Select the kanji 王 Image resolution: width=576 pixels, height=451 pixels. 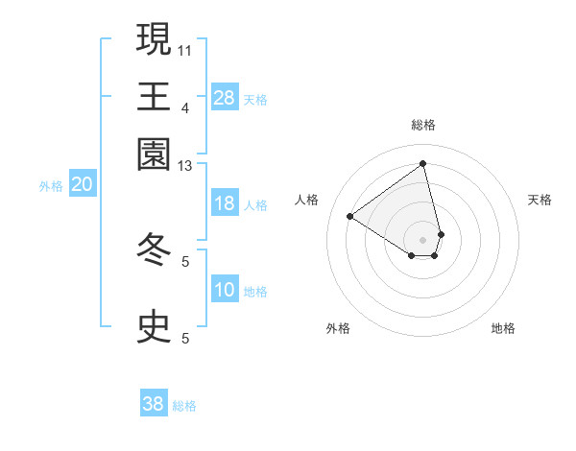click(x=154, y=97)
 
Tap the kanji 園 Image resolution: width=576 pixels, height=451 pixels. click(x=154, y=154)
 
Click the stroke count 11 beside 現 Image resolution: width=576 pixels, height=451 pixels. click(x=185, y=49)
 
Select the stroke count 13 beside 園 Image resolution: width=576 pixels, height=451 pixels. click(x=185, y=166)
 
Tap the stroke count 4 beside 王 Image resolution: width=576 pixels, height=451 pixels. click(x=185, y=107)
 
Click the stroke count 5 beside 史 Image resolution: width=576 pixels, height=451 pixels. click(x=185, y=338)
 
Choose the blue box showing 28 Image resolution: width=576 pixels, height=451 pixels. click(x=225, y=97)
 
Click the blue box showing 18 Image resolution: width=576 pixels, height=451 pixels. click(x=225, y=204)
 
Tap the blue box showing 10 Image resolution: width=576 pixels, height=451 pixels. click(x=225, y=291)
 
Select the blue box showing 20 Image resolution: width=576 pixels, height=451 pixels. click(x=82, y=185)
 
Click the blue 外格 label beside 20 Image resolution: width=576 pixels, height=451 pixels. click(x=51, y=186)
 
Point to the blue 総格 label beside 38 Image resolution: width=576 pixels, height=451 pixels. click(x=184, y=406)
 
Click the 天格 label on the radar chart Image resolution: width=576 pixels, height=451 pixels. click(x=540, y=200)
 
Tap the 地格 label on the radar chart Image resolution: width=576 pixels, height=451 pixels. click(x=503, y=328)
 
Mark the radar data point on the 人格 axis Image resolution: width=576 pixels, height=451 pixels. click(x=350, y=217)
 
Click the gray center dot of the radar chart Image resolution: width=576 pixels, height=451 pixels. click(x=422, y=240)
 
